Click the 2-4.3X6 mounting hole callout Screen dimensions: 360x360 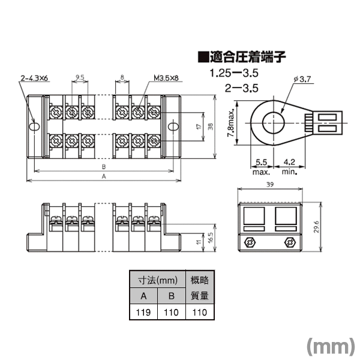coord(34,78)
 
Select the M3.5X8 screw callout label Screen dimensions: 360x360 coord(166,78)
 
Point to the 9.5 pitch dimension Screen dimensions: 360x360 coord(80,77)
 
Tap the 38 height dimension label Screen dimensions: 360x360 coord(211,127)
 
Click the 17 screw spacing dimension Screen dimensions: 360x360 coord(199,126)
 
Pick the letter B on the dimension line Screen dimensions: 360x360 coord(104,166)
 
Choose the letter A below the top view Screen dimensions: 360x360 coord(104,176)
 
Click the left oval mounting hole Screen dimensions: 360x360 coord(35,127)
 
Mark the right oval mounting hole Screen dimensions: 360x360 coord(173,127)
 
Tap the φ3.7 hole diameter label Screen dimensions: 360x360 coord(302,79)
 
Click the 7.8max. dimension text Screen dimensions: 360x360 coord(231,122)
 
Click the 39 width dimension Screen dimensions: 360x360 coord(270,184)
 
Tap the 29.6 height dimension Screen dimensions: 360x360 coord(316,227)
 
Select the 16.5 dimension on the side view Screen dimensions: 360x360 coord(211,238)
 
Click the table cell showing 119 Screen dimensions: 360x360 coord(143,312)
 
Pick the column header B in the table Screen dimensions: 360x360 coord(172,296)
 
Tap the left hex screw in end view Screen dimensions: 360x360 coord(250,242)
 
